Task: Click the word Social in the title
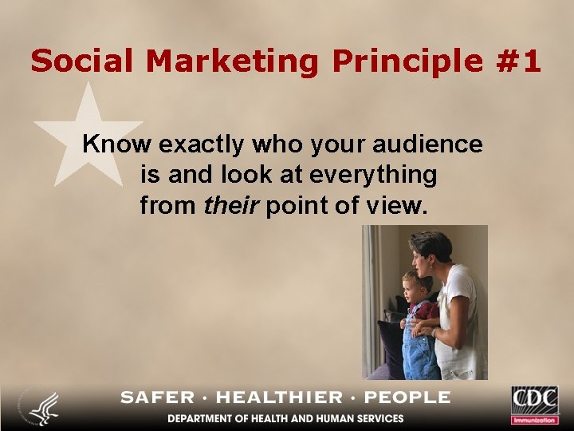point(74,61)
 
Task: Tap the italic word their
point(231,205)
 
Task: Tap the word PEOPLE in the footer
point(408,397)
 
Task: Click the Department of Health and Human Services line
point(285,418)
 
